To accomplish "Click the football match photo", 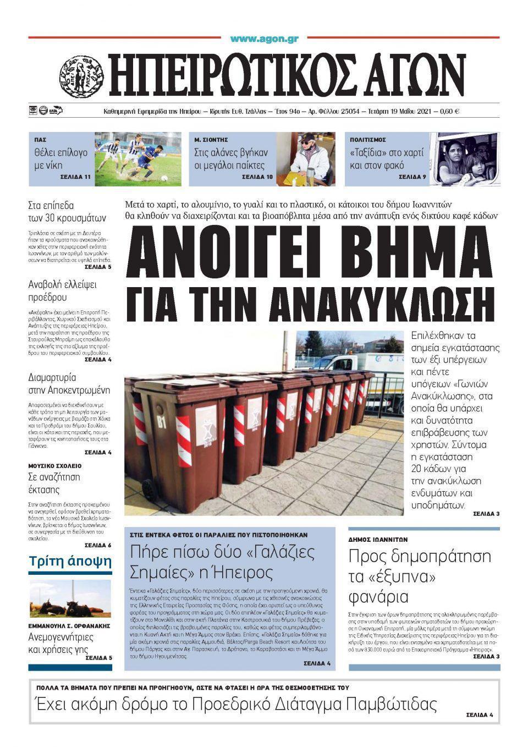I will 137,158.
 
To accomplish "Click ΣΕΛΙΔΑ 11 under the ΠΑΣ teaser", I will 75,177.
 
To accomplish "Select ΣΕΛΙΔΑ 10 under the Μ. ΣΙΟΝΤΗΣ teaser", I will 257,177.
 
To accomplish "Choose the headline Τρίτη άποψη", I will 70,562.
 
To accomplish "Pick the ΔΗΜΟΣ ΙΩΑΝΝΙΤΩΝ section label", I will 378,540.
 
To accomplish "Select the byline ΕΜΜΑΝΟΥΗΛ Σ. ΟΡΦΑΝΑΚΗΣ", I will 69,626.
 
